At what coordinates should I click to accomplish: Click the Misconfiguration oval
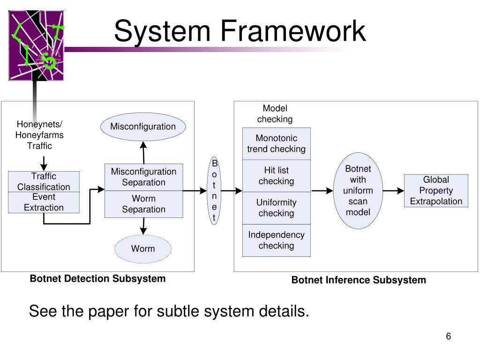[143, 127]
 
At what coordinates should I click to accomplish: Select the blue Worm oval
[143, 248]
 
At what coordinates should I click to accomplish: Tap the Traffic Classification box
[44, 181]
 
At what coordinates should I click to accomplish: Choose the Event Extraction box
[44, 202]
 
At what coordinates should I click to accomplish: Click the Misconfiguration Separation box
[143, 177]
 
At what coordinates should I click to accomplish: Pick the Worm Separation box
[143, 204]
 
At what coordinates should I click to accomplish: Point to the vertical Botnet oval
[214, 190]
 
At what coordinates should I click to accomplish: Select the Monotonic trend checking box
[276, 143]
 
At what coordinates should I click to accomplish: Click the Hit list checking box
[276, 176]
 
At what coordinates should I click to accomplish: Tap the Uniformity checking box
[276, 208]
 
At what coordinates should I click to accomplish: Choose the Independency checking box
[276, 240]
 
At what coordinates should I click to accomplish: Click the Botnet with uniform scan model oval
[358, 190]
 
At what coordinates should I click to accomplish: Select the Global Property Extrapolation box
[436, 190]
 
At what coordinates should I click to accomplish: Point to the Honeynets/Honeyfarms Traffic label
[39, 135]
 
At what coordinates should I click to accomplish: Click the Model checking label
[275, 114]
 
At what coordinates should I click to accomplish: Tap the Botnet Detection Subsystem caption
[97, 279]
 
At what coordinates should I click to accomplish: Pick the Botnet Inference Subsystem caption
[359, 280]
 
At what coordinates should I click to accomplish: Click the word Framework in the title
[293, 31]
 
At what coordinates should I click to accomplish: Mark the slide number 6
[448, 337]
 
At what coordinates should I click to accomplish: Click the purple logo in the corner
[36, 45]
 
